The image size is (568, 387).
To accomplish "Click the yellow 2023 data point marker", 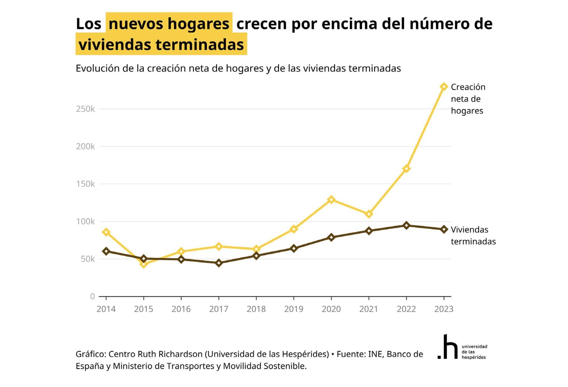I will point(443,87).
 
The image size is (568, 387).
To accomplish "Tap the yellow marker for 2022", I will point(406,169).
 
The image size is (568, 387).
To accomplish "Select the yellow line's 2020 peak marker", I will point(331,200).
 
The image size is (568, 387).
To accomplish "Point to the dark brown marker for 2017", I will point(219,263).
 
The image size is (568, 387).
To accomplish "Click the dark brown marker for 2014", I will point(106,251).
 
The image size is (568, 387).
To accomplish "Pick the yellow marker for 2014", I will point(106,232).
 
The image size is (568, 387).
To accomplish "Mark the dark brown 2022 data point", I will point(406,225).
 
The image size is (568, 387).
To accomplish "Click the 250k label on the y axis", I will point(85,109).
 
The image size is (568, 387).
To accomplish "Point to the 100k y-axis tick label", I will point(85,221).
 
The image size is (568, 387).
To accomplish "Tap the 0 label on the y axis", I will point(92,296).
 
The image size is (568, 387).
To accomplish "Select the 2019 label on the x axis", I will point(293,309).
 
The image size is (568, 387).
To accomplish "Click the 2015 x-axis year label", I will point(143,309).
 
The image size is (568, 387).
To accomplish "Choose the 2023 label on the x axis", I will point(443,309).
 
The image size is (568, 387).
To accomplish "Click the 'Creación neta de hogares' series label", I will point(468,99).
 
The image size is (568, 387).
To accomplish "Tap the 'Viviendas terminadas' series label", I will point(473,235).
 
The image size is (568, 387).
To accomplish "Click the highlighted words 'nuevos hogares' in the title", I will point(169,24).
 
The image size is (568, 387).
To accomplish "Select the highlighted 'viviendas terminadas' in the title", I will point(161,45).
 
